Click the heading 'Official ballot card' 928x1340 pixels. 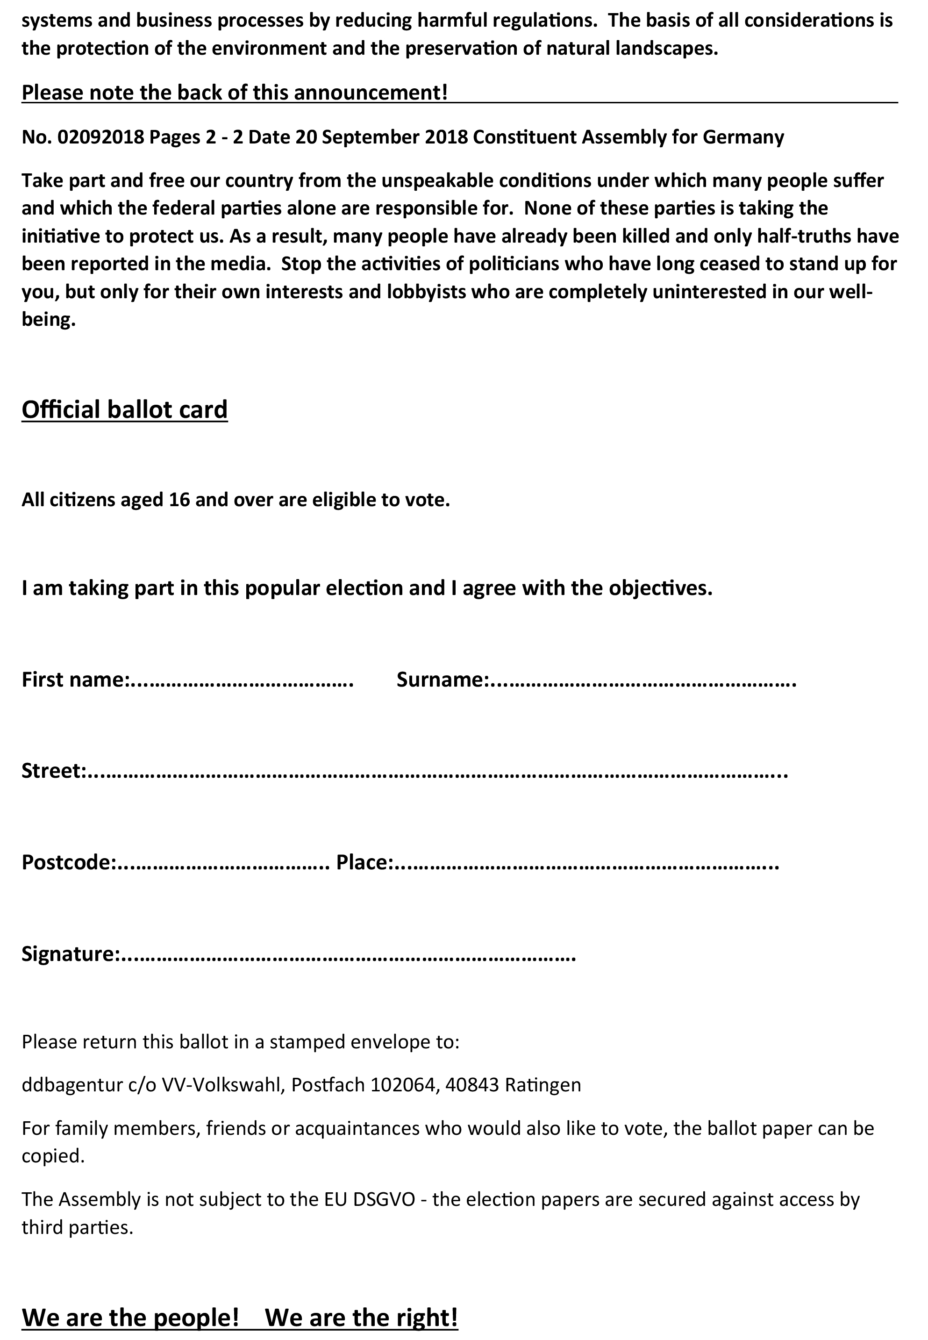pyautogui.click(x=124, y=410)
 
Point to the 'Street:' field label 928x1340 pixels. pyautogui.click(x=53, y=771)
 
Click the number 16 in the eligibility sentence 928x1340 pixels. pyautogui.click(x=180, y=500)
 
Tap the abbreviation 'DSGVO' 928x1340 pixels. pyautogui.click(x=384, y=1199)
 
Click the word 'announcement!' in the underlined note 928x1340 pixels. pyautogui.click(x=371, y=93)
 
